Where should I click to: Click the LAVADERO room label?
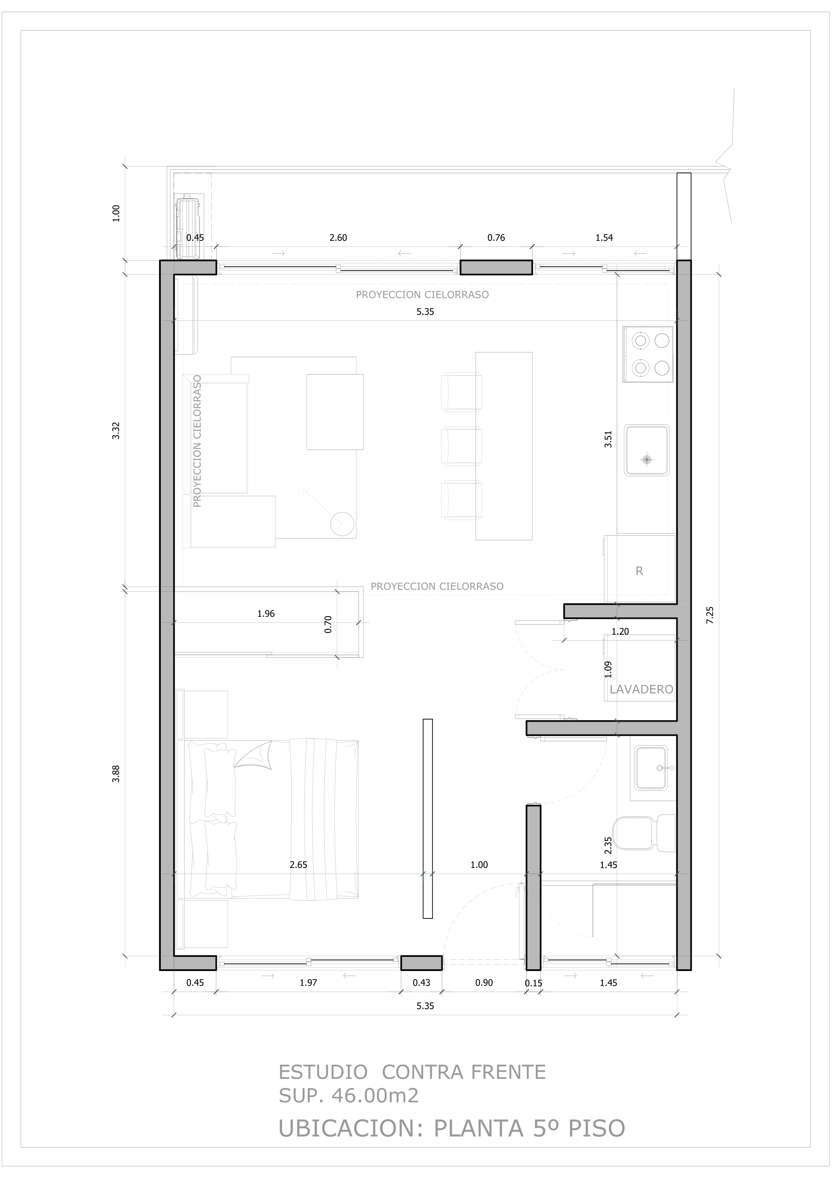pos(641,689)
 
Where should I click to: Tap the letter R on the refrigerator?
pos(639,571)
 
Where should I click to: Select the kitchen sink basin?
pos(646,450)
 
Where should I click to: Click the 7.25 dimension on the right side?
pos(710,615)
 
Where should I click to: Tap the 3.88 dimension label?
pos(116,774)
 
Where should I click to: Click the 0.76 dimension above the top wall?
pos(496,238)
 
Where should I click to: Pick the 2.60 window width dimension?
pos(338,238)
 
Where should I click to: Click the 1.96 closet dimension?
pos(266,614)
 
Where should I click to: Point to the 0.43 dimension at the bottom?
pos(422,983)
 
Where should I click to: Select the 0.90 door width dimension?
pos(483,983)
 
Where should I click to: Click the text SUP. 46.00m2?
pos(349,1096)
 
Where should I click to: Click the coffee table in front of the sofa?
pos(335,412)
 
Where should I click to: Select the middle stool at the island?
pos(461,446)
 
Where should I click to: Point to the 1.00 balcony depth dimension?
pos(116,213)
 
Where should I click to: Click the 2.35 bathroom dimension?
pos(608,845)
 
